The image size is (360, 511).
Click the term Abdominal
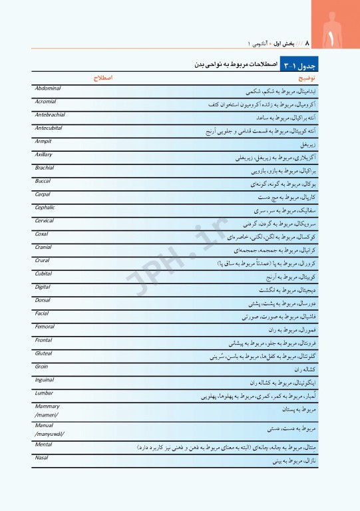[47, 88]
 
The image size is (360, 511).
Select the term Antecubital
[49, 128]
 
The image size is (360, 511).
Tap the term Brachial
[45, 168]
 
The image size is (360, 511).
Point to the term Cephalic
[45, 208]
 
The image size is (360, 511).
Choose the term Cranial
[43, 247]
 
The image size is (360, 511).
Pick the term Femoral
[45, 327]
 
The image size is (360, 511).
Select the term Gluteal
[43, 353]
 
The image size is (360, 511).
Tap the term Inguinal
[45, 380]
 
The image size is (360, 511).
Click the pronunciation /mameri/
[46, 415]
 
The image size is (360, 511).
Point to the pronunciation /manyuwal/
[49, 434]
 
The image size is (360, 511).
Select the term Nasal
[41, 458]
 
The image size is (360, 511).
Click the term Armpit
[43, 141]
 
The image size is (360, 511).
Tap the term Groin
[41, 367]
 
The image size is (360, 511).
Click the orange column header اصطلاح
[102, 78]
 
